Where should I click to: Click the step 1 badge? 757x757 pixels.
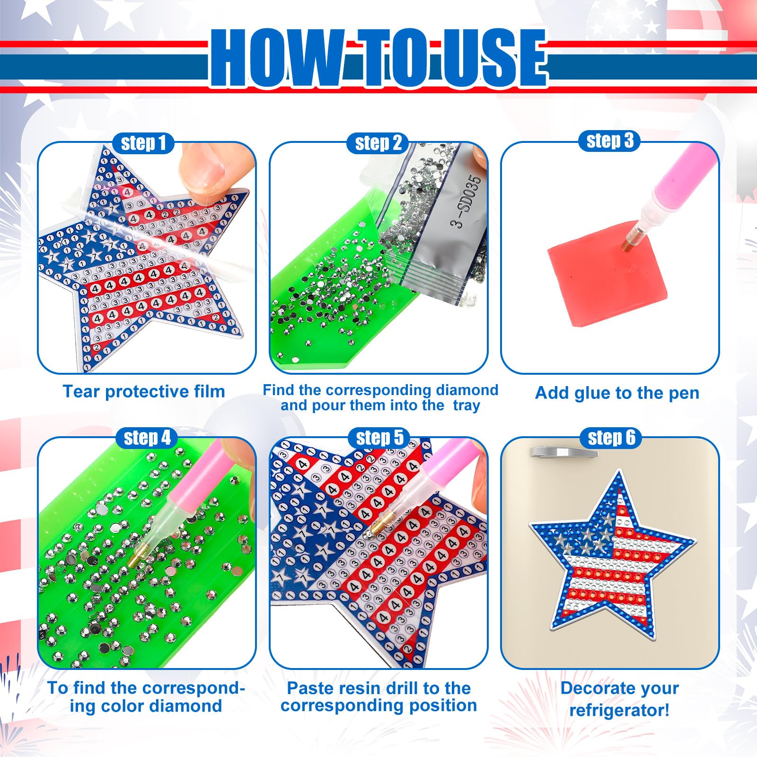144,143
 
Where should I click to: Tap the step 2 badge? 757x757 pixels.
378,143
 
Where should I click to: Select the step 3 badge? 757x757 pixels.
609,141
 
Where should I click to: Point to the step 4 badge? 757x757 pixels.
147,438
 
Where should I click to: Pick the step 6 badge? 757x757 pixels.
611,438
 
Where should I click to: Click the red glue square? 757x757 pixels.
607,273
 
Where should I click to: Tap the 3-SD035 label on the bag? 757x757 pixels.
466,201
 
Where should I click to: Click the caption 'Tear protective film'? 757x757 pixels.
144,392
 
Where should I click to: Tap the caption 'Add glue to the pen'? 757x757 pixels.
617,393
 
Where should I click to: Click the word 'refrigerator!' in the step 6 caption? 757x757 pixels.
619,710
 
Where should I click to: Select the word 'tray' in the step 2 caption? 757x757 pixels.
467,406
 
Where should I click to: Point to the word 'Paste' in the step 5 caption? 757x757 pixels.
310,688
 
